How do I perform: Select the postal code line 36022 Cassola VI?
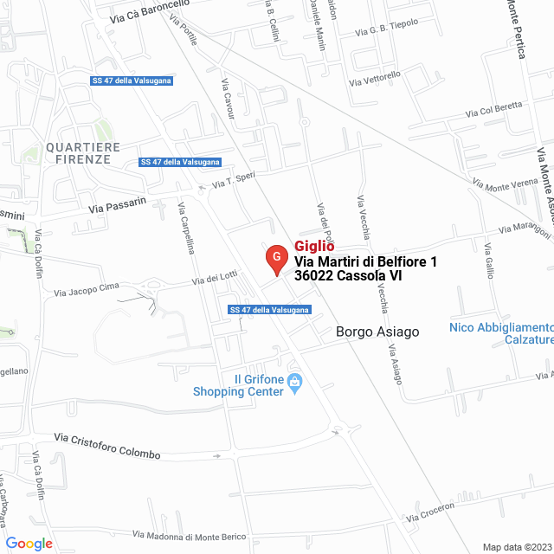[348, 276]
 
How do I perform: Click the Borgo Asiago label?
[377, 332]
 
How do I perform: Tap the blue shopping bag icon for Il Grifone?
[294, 381]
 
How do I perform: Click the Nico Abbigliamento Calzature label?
[502, 333]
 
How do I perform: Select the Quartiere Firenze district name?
[79, 153]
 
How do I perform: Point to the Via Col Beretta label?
[494, 109]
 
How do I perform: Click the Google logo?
[29, 544]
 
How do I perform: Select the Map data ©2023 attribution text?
[515, 547]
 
